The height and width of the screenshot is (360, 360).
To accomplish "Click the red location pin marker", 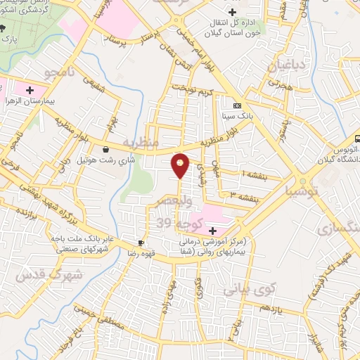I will [181, 165].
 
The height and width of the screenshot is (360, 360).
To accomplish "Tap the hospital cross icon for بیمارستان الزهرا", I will [30, 90].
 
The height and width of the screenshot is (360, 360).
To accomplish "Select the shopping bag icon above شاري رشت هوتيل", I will [105, 149].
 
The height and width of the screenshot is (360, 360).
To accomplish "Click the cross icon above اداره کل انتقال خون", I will [232, 12].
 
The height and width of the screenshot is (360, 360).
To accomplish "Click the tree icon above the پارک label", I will [4, 29].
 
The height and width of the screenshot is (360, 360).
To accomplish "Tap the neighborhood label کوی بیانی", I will [242, 288].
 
